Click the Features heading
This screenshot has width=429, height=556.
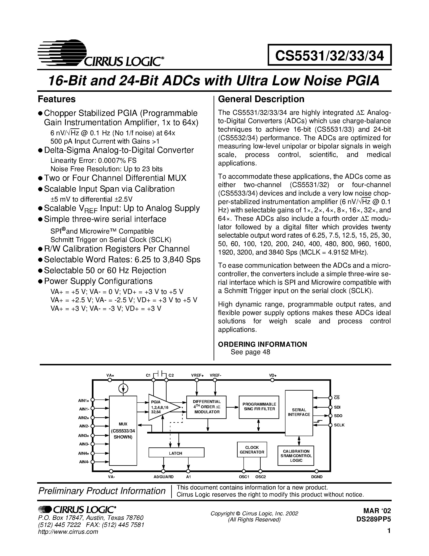pos(57,99)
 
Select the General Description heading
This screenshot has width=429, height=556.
pos(261,99)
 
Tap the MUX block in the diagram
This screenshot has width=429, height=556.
pos(123,430)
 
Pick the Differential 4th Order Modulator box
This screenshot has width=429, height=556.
pos(206,407)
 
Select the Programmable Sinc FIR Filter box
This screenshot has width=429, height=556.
pos(259,407)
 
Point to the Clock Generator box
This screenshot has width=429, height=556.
pos(252,450)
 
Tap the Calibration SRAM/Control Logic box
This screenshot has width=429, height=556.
pos(296,456)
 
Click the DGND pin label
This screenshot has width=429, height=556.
pos(317,477)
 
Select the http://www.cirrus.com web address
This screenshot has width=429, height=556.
pos(68,532)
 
